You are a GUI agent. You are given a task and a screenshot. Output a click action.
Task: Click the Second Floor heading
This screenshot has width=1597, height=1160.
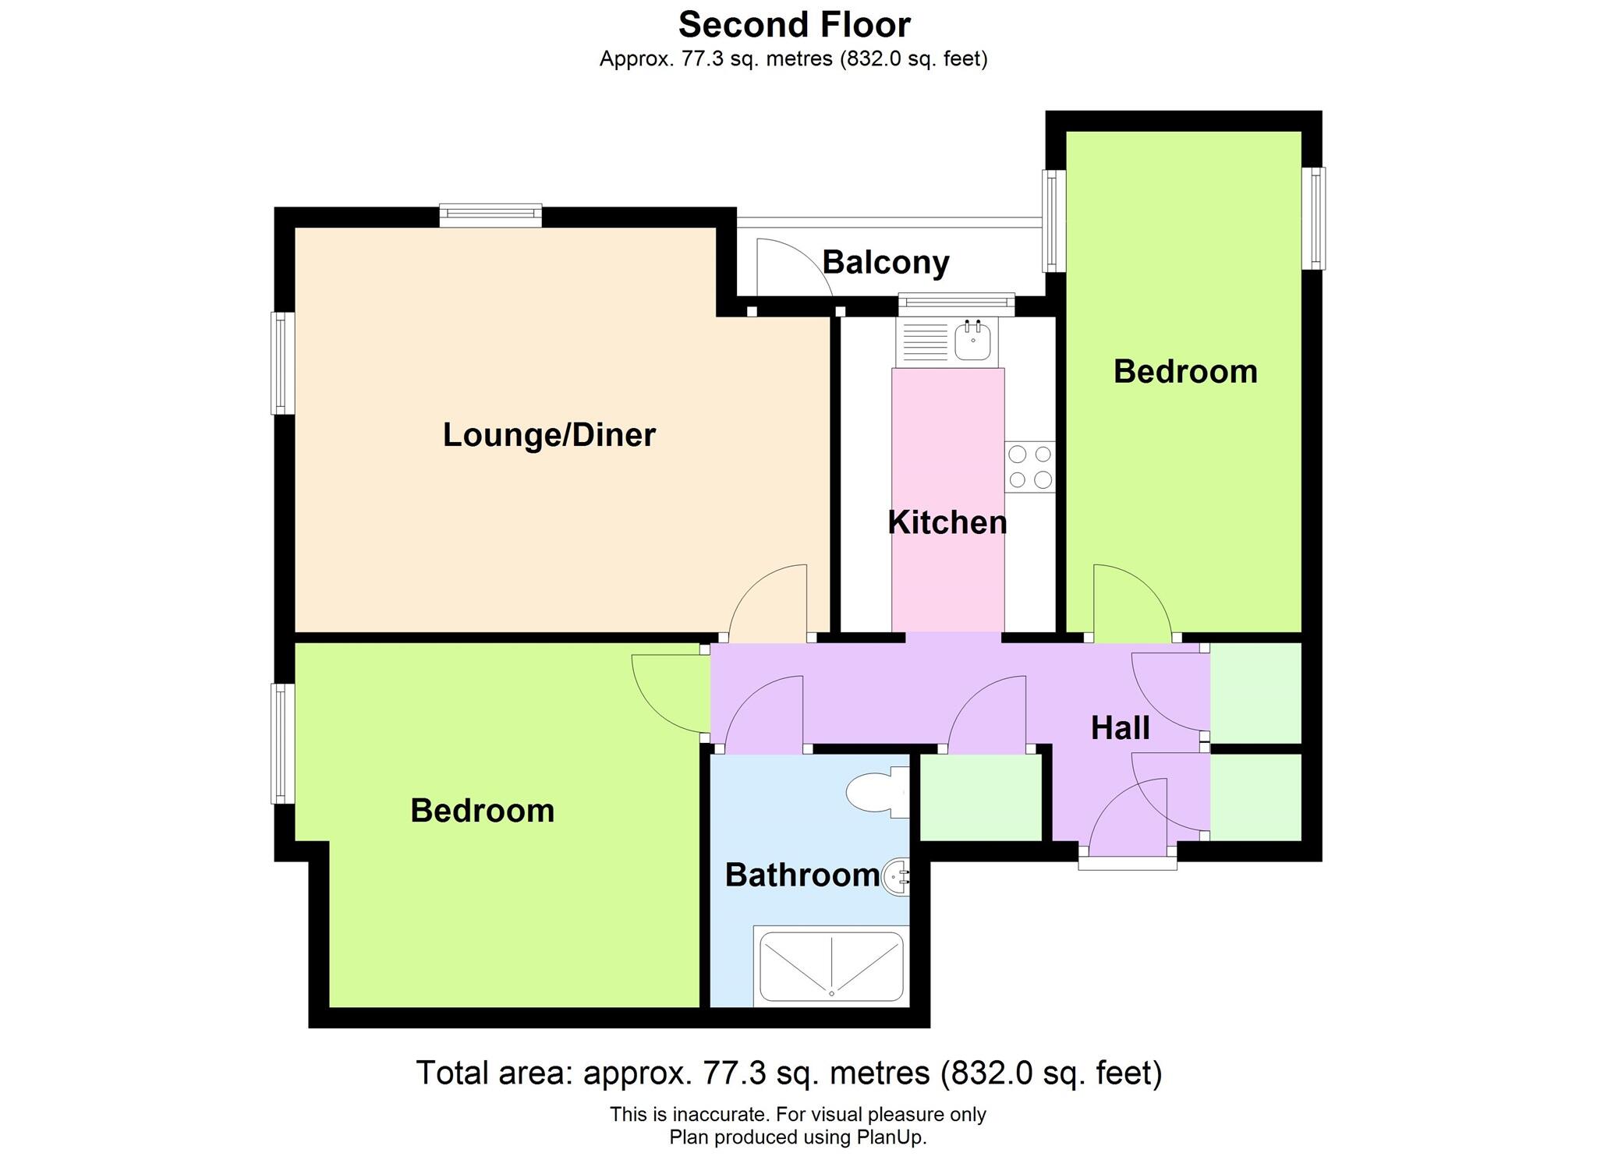[794, 25]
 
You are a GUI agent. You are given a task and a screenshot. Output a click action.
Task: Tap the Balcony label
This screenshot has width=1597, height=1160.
[885, 263]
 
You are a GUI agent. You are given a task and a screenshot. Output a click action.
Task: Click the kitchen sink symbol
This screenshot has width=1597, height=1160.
[972, 341]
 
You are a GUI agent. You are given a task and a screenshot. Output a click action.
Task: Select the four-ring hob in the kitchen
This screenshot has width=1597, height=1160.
[1029, 467]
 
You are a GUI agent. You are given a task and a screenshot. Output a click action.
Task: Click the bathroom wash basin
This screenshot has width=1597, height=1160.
[895, 877]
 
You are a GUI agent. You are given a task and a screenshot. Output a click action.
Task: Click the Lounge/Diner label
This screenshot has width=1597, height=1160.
[549, 435]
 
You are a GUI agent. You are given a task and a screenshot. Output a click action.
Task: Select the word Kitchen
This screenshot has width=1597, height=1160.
[947, 522]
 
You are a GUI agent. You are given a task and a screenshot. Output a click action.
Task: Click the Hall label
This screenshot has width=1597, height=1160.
[1120, 728]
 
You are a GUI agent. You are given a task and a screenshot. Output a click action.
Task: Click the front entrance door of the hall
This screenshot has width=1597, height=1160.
[1128, 819]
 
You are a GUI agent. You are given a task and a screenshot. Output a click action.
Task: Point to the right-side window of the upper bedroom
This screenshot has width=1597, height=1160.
[1315, 217]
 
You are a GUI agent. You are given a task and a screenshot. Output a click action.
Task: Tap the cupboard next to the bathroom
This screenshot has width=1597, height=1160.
[981, 797]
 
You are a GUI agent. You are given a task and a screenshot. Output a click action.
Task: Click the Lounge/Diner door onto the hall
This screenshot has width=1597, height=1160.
[768, 604]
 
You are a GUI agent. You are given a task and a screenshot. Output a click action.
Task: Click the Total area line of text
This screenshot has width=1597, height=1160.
[789, 1073]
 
